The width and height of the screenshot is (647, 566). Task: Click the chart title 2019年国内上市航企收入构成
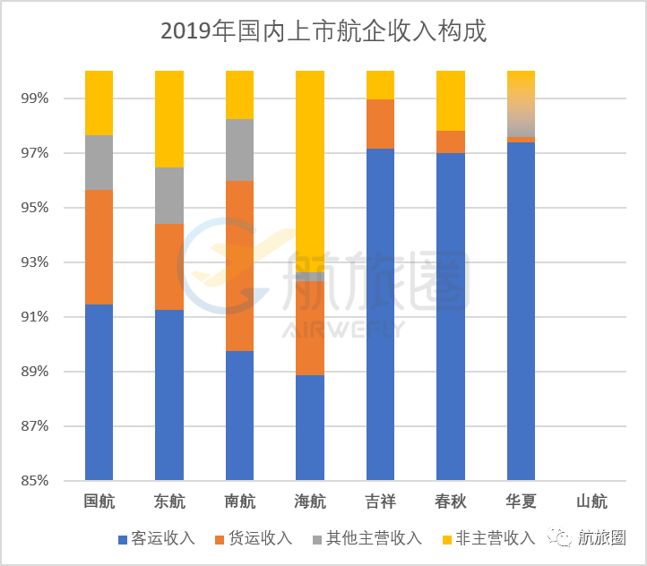(323, 31)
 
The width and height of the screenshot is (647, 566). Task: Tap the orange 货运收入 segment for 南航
(239, 265)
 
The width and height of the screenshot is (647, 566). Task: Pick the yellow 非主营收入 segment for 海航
(309, 170)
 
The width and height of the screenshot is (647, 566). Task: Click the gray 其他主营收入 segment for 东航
(169, 195)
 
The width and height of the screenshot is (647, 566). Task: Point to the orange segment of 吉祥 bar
(380, 124)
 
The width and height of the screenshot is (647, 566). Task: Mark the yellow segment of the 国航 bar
(99, 103)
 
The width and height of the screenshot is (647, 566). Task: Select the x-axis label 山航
(591, 502)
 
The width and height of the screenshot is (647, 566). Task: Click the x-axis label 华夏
(521, 502)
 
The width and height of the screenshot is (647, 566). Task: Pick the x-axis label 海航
(309, 502)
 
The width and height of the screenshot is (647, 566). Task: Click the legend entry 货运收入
(260, 538)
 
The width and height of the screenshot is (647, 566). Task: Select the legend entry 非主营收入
(495, 538)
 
